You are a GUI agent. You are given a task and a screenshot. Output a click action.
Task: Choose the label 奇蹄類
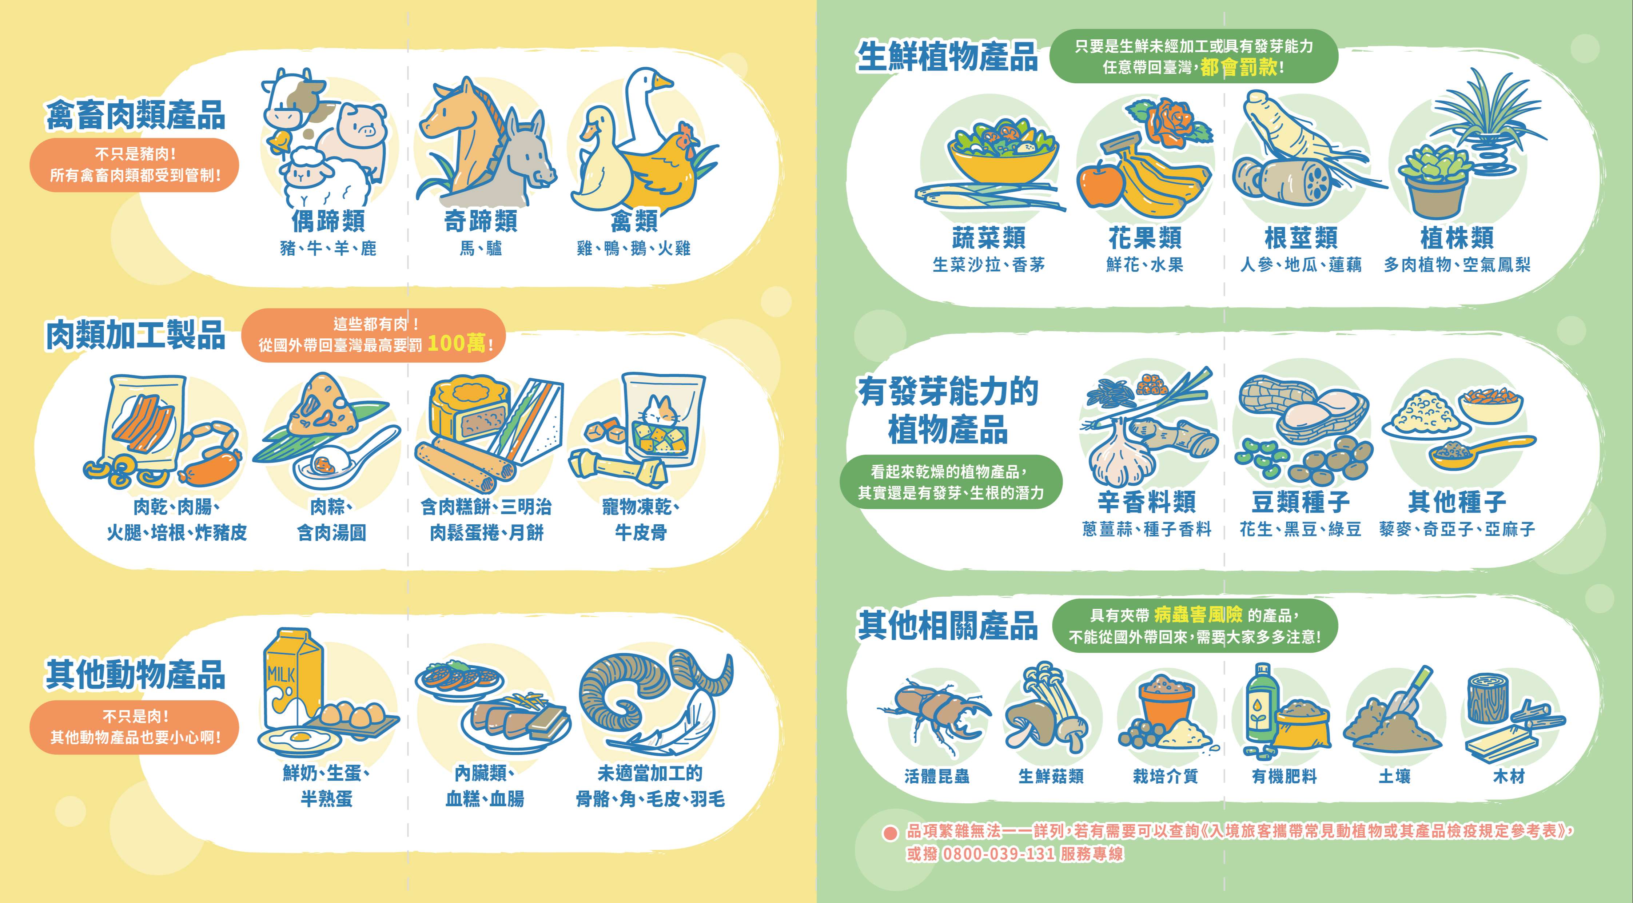481,221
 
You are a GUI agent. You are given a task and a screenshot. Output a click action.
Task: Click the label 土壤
1395,776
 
